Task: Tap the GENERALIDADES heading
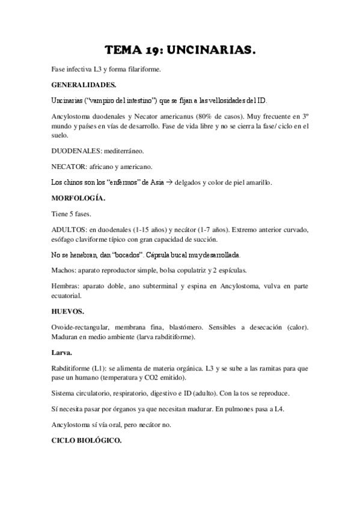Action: (84, 85)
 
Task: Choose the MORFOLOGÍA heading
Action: (78, 197)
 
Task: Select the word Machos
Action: (64, 270)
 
